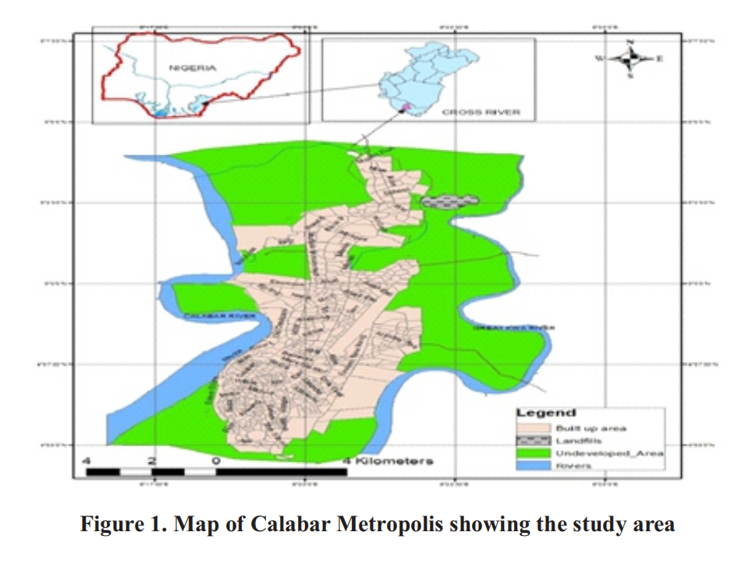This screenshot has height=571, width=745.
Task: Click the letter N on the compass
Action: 632,41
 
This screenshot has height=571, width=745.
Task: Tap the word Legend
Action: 546,413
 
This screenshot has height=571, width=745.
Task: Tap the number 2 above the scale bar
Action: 153,461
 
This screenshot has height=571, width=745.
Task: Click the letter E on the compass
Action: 659,58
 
